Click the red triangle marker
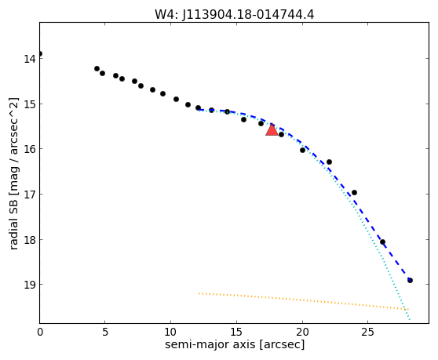pyautogui.click(x=272, y=129)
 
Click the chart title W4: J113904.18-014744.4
pyautogui.click(x=235, y=14)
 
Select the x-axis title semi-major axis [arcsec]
pyautogui.click(x=235, y=344)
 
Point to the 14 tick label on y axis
pyautogui.click(x=29, y=59)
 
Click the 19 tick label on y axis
pyautogui.click(x=29, y=285)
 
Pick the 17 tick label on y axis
pyautogui.click(x=29, y=195)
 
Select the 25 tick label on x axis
pyautogui.click(x=367, y=332)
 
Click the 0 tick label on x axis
pyautogui.click(x=40, y=332)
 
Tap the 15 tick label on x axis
pyautogui.click(x=236, y=332)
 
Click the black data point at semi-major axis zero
pyautogui.click(x=40, y=53)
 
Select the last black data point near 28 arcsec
pyautogui.click(x=410, y=280)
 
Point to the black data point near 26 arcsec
pyautogui.click(x=382, y=242)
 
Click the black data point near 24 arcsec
pyautogui.click(x=354, y=192)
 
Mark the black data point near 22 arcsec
pyautogui.click(x=329, y=162)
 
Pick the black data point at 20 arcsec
pyautogui.click(x=302, y=150)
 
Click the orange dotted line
pyautogui.click(x=304, y=301)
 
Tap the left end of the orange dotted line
pyautogui.click(x=199, y=293)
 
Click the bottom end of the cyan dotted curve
pyautogui.click(x=410, y=319)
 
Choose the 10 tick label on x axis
pyautogui.click(x=170, y=332)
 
